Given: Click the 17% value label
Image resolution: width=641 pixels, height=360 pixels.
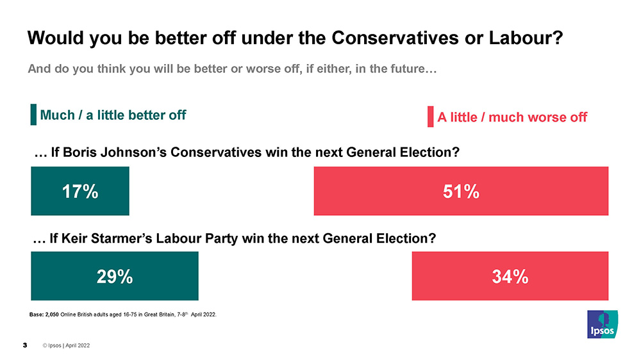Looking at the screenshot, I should coord(79,191).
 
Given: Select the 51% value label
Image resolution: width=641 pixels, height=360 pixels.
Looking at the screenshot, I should coord(461,191).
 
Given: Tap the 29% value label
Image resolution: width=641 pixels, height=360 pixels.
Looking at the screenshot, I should coord(115,276).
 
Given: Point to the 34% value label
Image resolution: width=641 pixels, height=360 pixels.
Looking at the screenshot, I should coord(510,276).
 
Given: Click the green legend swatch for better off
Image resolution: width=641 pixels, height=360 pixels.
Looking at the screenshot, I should coord(33,115).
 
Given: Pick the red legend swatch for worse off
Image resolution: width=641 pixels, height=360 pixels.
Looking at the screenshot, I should coord(431,117).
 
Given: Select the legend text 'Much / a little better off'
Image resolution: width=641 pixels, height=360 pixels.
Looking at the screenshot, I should coord(113,115).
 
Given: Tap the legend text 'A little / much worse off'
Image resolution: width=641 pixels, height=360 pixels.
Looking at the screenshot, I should coord(512,117).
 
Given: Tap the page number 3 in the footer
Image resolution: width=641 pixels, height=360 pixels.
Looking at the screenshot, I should coord(25,346).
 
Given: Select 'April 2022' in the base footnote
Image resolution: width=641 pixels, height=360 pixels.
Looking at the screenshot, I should coord(203,314).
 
